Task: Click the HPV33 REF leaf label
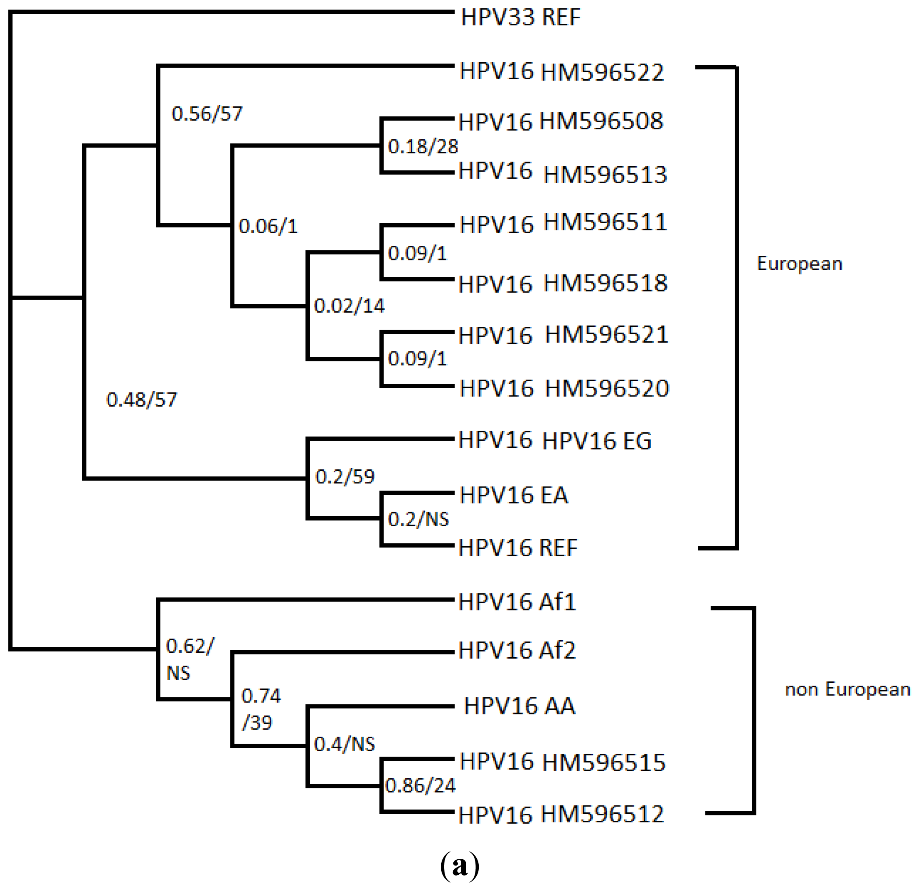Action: point(520,18)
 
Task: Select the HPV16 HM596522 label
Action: point(561,72)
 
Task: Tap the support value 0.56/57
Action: point(207,114)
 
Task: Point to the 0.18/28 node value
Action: point(422,146)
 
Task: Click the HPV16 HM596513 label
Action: point(562,173)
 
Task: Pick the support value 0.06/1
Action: point(268,226)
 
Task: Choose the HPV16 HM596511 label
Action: point(563,223)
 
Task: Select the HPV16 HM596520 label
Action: point(564,389)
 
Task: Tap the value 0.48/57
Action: point(142,400)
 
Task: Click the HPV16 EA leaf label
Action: point(513,495)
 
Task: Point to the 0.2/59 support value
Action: point(344,477)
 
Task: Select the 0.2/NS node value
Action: point(418,520)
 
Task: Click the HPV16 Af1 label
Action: point(517,602)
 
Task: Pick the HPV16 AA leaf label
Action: point(519,706)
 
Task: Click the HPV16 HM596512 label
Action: point(561,815)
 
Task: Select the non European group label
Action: point(847,689)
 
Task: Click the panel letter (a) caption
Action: point(460,865)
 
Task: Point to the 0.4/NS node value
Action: point(344,745)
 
